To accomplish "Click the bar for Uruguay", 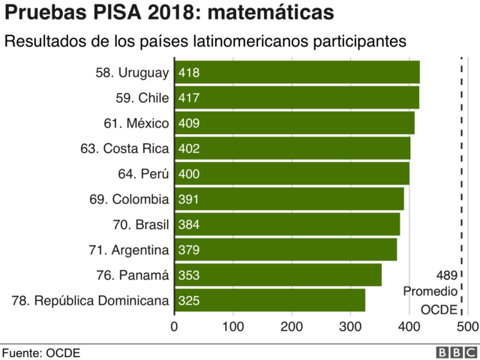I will [x=297, y=73].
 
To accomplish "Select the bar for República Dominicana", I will [x=270, y=301].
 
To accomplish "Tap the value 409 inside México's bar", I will [x=189, y=123].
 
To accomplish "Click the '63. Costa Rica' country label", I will [x=125, y=148].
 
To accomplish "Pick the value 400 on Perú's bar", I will [x=189, y=174].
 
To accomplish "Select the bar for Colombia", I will [x=289, y=199].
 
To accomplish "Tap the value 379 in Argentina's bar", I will [x=189, y=250].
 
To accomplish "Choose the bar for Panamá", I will [x=277, y=275].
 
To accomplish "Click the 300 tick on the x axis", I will [x=350, y=327].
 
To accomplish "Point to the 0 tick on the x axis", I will [x=175, y=327].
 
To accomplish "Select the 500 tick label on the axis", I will [x=467, y=327].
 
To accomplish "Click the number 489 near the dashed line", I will [x=445, y=275].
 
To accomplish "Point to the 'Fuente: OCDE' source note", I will [x=40, y=352].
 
